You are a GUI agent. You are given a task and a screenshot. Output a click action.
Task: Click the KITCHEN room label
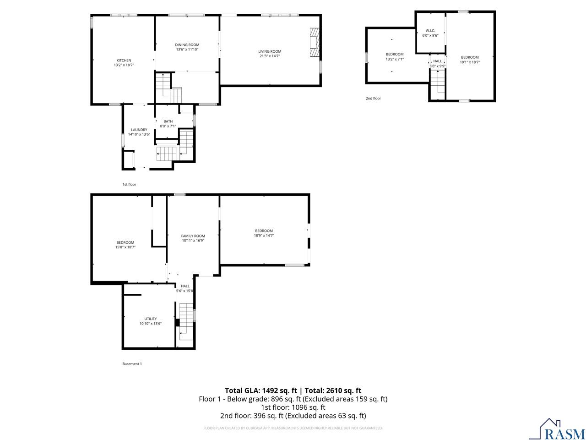pos(124,60)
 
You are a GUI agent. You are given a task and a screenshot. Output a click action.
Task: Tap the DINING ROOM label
pos(187,45)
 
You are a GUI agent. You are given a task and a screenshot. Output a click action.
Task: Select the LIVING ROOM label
pos(270,51)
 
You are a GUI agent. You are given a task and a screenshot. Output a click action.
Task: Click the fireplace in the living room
pos(314,43)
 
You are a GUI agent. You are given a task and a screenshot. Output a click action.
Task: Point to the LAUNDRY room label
pos(139,130)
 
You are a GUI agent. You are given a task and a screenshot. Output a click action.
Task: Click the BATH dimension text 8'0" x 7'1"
pos(168,126)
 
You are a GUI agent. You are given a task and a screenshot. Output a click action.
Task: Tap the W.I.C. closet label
pos(430,31)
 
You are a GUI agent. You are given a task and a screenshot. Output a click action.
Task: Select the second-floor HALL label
pos(437,61)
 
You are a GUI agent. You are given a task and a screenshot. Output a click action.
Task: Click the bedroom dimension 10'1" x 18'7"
pos(470,62)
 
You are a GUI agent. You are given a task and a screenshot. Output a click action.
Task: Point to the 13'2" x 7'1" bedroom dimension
pos(395,59)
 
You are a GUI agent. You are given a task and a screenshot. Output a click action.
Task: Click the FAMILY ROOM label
pos(193,236)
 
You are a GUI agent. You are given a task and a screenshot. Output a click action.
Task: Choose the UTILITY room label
pos(150,319)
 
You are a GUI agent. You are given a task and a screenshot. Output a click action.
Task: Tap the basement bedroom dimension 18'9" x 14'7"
pos(264,236)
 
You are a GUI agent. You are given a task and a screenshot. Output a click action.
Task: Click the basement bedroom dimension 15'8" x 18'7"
pos(125,247)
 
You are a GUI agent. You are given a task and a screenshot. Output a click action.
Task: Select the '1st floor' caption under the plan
pos(129,185)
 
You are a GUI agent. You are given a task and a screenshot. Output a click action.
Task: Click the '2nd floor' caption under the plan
pos(373,99)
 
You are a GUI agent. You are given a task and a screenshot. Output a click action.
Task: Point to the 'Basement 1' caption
pos(132,364)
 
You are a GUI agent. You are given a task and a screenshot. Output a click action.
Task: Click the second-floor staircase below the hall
pos(437,84)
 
